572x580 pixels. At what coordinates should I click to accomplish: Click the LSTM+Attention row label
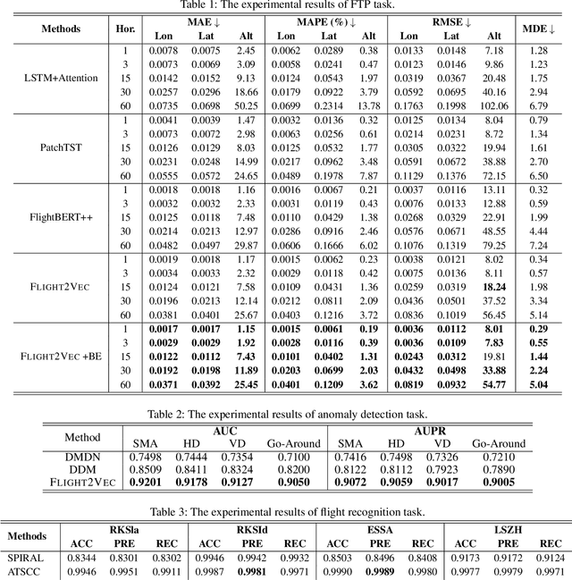[x=59, y=78]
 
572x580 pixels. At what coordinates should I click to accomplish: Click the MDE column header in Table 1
[x=538, y=29]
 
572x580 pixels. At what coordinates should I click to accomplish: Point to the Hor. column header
[x=126, y=29]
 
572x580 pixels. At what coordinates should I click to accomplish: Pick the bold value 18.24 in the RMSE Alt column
[x=493, y=287]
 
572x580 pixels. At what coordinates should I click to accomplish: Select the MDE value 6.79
[x=538, y=105]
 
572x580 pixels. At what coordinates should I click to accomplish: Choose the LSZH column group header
[x=509, y=528]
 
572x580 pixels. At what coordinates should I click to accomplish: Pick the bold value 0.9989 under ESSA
[x=379, y=570]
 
